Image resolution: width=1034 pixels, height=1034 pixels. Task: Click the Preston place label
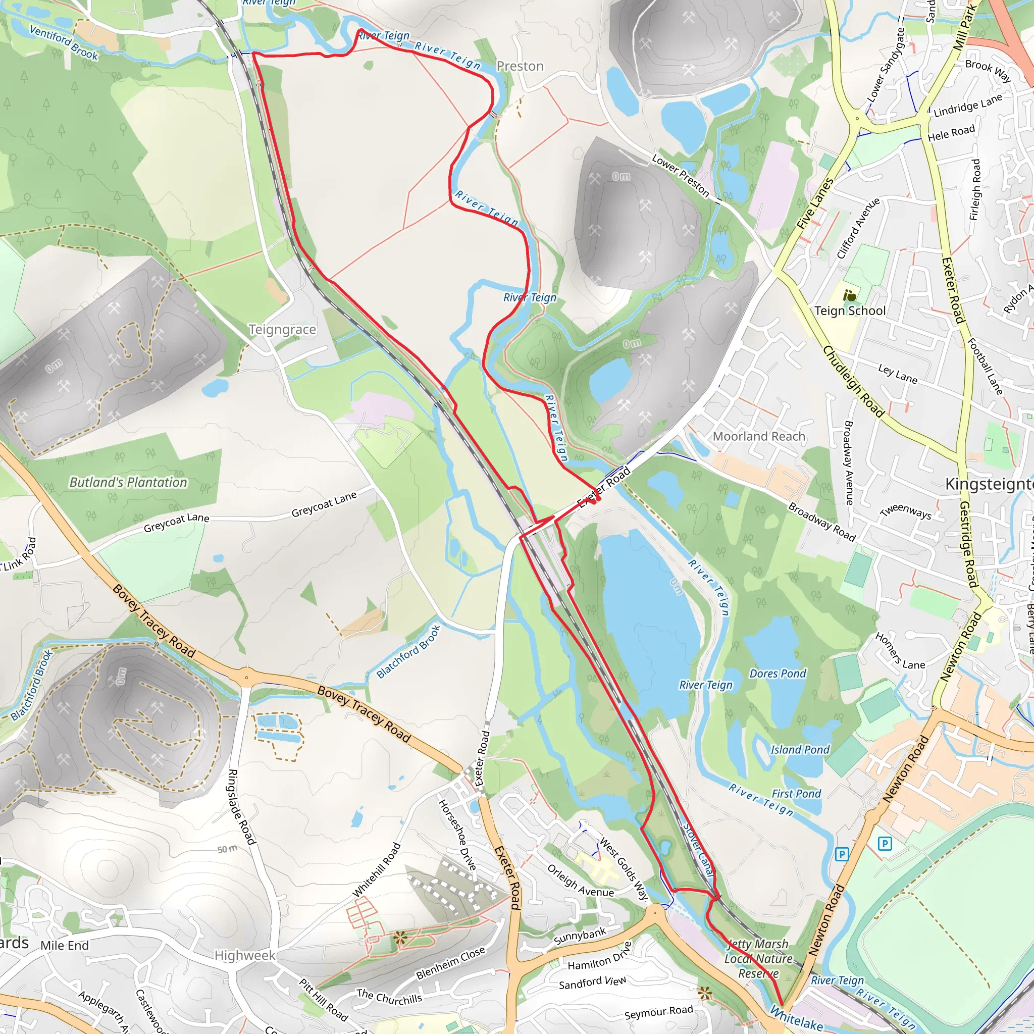(x=520, y=66)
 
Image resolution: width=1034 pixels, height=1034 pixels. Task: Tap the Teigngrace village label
(x=282, y=330)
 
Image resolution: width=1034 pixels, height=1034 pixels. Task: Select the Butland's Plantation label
(x=128, y=482)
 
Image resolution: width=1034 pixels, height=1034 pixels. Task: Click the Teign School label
(x=850, y=311)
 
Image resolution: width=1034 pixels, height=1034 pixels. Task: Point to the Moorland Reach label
(x=758, y=436)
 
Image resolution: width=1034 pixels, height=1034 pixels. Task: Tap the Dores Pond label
(x=777, y=674)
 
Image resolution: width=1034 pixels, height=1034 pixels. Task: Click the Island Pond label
(x=800, y=750)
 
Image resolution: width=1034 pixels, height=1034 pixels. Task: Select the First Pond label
(x=796, y=794)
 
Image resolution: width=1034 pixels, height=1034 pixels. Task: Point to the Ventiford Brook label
(x=64, y=42)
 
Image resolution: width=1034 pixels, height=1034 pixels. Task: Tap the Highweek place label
(x=244, y=955)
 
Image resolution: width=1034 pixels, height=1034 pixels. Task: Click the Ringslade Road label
(x=241, y=807)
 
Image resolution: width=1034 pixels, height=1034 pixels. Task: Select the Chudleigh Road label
(x=853, y=381)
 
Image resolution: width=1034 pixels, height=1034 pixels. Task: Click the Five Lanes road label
(x=814, y=204)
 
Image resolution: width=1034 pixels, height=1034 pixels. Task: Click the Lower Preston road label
(x=680, y=176)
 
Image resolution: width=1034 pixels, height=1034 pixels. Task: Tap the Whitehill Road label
(x=376, y=870)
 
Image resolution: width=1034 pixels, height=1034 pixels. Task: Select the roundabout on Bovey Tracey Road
(x=246, y=678)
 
